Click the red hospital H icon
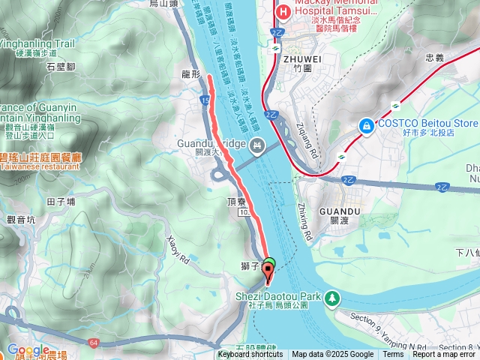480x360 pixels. pos(283,12)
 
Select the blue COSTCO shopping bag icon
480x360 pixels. pos(367,124)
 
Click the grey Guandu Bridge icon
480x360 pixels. pos(257,143)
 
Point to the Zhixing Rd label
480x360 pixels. pos(307,221)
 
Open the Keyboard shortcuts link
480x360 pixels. pos(250,355)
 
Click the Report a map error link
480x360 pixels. pos(445,355)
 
